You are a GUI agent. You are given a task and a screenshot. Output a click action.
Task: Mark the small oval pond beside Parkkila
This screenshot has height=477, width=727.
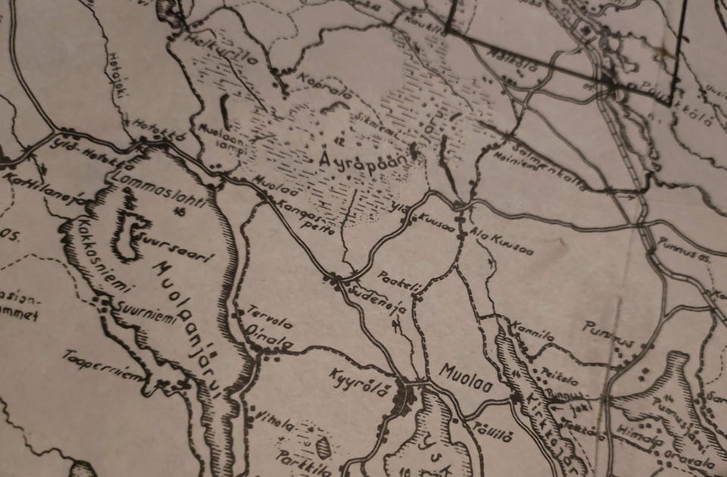(323, 447)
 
